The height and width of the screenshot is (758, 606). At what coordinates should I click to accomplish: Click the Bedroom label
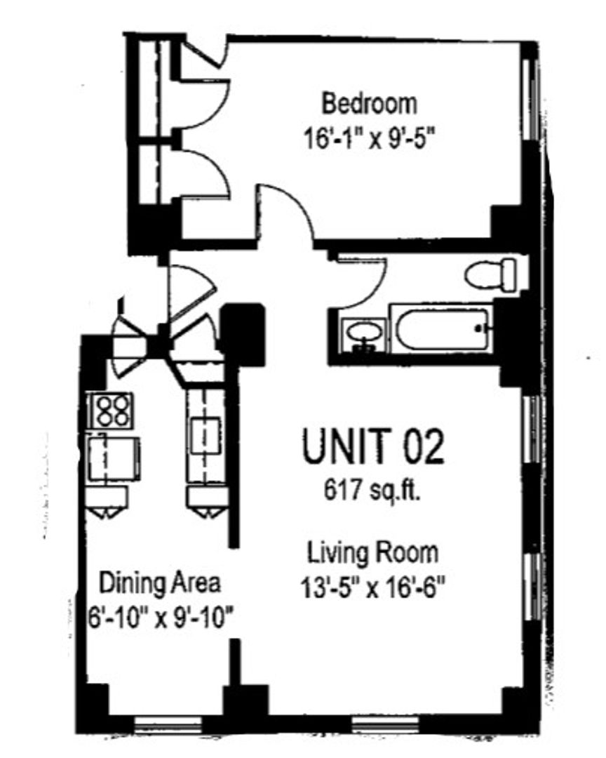click(369, 104)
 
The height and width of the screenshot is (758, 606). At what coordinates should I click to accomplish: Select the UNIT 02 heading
click(372, 446)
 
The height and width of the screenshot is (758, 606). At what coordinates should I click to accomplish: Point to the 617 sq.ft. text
click(372, 491)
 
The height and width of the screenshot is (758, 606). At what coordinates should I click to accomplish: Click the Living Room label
click(373, 553)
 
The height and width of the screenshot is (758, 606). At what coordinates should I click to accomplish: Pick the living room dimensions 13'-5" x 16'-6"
click(372, 588)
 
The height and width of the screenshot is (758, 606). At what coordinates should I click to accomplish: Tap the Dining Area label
click(160, 583)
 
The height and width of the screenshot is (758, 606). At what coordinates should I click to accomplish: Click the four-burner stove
click(112, 411)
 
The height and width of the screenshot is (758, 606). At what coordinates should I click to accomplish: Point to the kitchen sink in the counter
click(206, 435)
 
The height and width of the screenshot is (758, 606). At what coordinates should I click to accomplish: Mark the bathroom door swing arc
click(372, 290)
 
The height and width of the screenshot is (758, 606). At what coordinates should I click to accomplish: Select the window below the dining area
click(167, 724)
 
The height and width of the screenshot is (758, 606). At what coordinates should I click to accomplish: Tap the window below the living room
click(385, 724)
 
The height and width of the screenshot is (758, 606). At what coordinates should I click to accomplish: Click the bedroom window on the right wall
click(532, 99)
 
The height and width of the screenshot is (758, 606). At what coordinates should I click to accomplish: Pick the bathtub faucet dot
click(479, 328)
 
